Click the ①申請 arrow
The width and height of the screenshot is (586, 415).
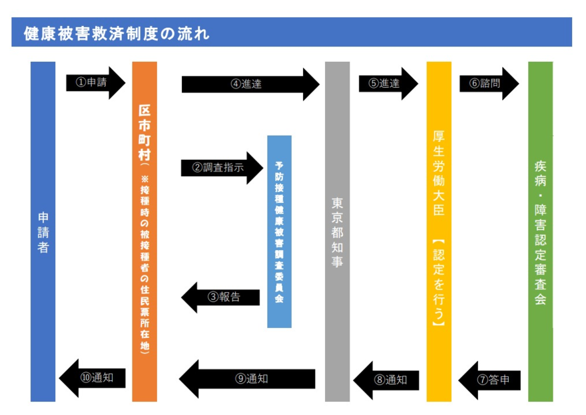pyautogui.click(x=96, y=82)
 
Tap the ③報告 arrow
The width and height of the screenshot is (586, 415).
pyautogui.click(x=220, y=297)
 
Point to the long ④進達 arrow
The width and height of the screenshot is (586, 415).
pyautogui.click(x=250, y=84)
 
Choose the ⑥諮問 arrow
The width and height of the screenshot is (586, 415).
pyautogui.click(x=488, y=83)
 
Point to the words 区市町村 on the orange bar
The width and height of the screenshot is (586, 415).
pyautogui.click(x=145, y=130)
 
